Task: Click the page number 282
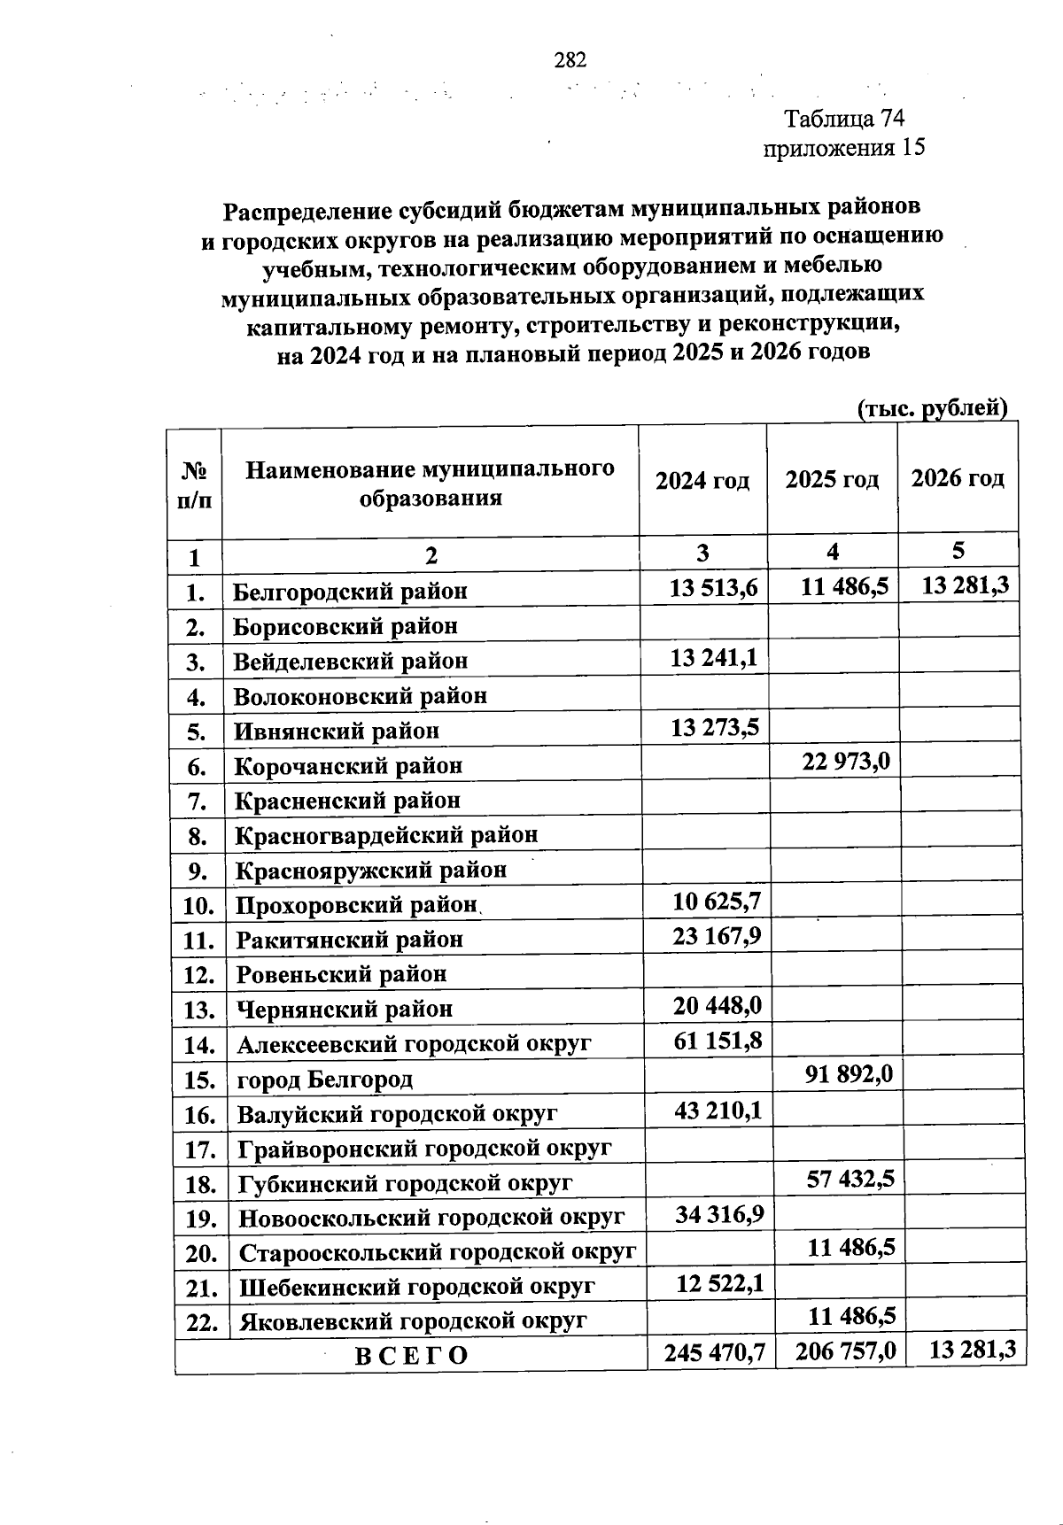pyautogui.click(x=570, y=60)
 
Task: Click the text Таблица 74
pyautogui.click(x=843, y=119)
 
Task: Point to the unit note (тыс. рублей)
pyautogui.click(x=932, y=408)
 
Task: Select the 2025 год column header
pyautogui.click(x=832, y=480)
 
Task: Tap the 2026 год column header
pyautogui.click(x=958, y=479)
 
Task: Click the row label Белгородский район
pyautogui.click(x=350, y=592)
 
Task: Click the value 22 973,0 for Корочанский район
pyautogui.click(x=845, y=762)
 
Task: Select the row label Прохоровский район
pyautogui.click(x=356, y=906)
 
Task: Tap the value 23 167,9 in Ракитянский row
pyautogui.click(x=717, y=936)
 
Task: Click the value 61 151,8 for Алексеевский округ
pyautogui.click(x=718, y=1040)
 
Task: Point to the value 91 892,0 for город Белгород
pyautogui.click(x=848, y=1074)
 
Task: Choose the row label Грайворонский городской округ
pyautogui.click(x=424, y=1150)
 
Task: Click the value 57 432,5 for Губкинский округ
pyautogui.click(x=850, y=1179)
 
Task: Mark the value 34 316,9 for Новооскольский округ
pyautogui.click(x=719, y=1213)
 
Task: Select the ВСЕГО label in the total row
pyautogui.click(x=411, y=1356)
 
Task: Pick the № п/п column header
pyautogui.click(x=194, y=484)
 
